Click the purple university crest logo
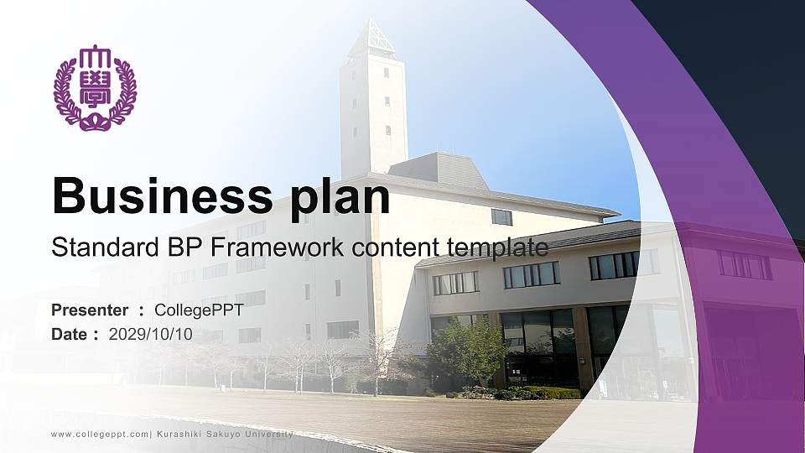pyautogui.click(x=95, y=87)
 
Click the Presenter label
pyautogui.click(x=90, y=310)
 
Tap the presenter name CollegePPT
pyautogui.click(x=200, y=310)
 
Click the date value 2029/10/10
pyautogui.click(x=151, y=334)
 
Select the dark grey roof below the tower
pyautogui.click(x=439, y=170)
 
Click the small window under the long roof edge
pyautogui.click(x=501, y=216)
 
